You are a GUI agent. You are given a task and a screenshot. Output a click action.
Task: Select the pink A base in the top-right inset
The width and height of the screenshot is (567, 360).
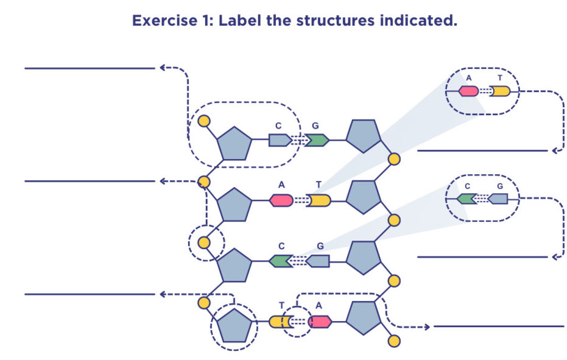point(468,91)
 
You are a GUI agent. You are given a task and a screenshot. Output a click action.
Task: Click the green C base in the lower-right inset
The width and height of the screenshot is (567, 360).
point(467,199)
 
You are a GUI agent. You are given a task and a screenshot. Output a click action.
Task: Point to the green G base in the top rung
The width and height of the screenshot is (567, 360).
point(317,140)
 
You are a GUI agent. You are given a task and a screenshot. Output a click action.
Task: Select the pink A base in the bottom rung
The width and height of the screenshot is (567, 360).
point(320,322)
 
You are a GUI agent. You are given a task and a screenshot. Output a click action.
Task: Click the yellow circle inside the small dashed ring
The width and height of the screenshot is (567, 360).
point(205,242)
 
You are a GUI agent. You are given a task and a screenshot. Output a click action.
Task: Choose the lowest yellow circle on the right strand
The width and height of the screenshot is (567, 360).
point(394,341)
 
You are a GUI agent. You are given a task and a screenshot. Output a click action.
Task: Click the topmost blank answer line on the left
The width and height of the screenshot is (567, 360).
point(90,68)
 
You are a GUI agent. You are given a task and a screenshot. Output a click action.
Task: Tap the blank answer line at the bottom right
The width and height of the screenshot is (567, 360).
point(499,326)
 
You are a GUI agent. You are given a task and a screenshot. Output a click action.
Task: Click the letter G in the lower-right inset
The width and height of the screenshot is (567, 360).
point(500,186)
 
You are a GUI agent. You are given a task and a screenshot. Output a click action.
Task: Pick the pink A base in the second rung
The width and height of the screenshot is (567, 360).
point(281,200)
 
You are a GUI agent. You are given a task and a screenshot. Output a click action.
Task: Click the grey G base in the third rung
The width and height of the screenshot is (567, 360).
point(318,261)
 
